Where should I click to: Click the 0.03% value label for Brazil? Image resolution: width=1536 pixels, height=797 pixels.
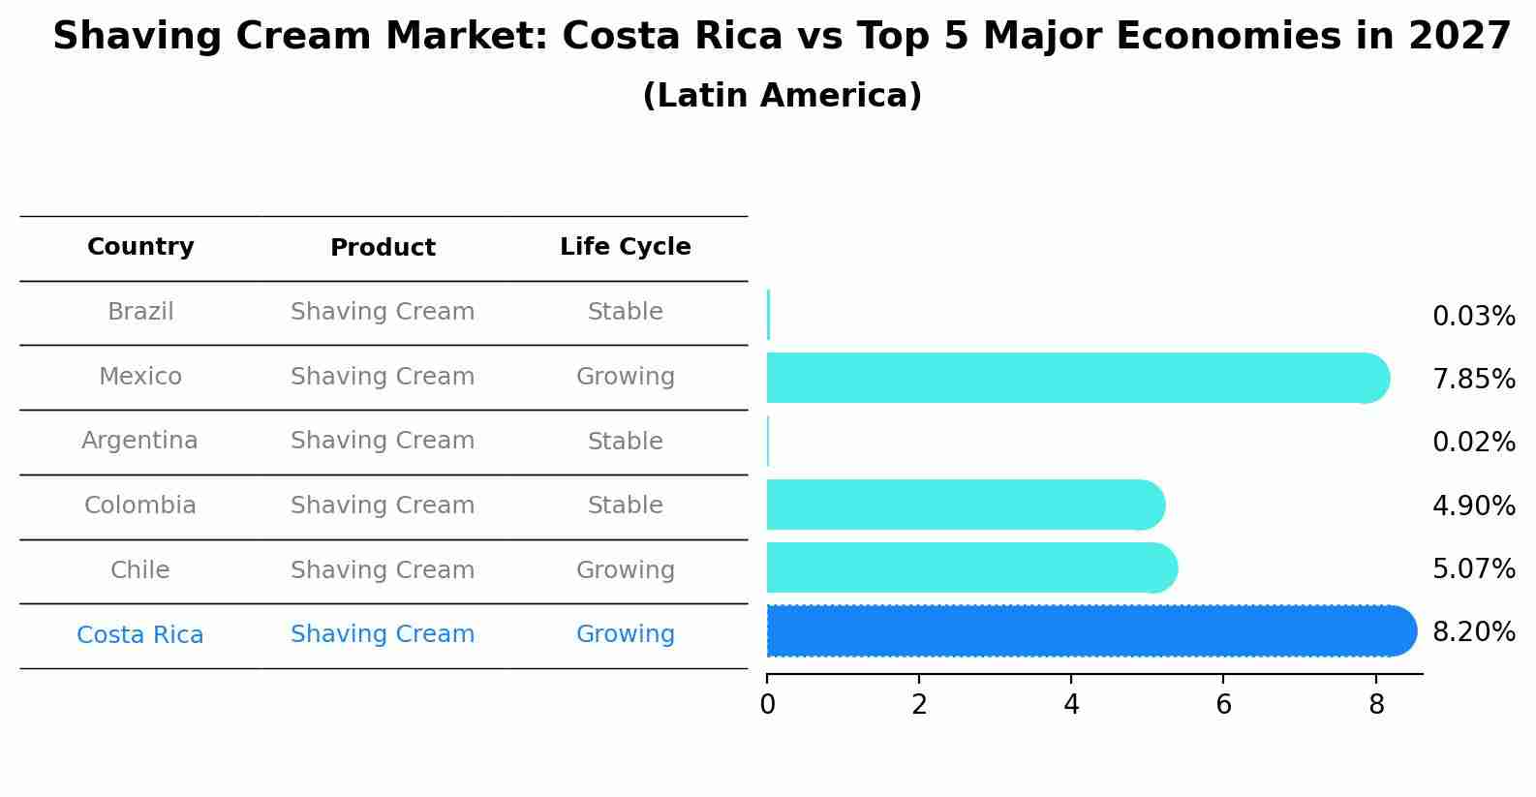click(1473, 317)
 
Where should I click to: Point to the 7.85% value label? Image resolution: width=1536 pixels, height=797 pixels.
click(1473, 380)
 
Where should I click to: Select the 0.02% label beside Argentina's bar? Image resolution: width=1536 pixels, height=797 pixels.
click(1473, 443)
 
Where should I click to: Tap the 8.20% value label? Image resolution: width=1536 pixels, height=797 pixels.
click(1473, 632)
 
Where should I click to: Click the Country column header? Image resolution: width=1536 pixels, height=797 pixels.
click(140, 247)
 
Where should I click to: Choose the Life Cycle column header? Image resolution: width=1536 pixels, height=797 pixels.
click(625, 247)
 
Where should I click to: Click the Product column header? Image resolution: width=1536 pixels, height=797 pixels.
click(383, 248)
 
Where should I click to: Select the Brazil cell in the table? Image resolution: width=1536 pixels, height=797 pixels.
click(140, 312)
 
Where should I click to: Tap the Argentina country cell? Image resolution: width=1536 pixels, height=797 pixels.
click(139, 441)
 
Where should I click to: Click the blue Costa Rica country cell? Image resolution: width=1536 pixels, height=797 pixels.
click(139, 635)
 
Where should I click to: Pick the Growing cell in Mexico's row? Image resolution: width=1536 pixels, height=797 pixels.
click(625, 377)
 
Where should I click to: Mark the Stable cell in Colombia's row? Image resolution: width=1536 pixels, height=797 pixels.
click(625, 506)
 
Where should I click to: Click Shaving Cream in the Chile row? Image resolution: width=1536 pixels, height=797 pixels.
click(383, 570)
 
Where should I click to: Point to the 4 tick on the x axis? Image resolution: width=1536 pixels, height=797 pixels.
click(1071, 705)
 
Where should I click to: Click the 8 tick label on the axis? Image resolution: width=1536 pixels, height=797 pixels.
click(1375, 705)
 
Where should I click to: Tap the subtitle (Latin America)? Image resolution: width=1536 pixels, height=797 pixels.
click(782, 96)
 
